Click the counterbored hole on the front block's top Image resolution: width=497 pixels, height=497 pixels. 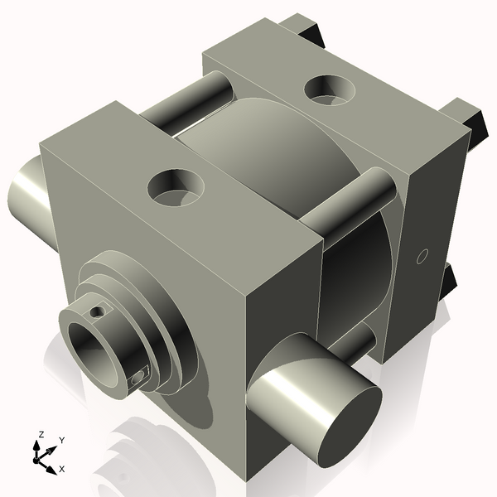click(x=175, y=189)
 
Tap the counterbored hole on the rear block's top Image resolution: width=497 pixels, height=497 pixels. click(x=330, y=89)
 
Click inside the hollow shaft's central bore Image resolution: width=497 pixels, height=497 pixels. click(x=93, y=345)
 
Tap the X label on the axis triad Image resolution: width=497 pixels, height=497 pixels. click(x=61, y=469)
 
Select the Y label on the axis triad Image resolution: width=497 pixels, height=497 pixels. click(x=61, y=441)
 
